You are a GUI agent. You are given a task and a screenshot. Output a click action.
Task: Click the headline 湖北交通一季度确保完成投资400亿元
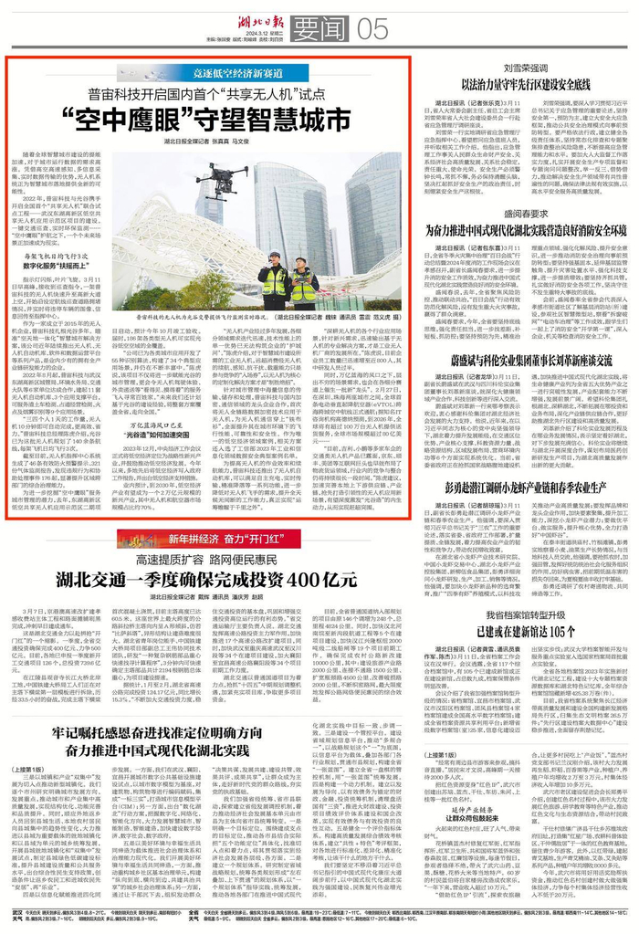205,578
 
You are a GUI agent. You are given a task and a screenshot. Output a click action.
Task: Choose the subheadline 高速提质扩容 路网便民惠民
205,557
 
